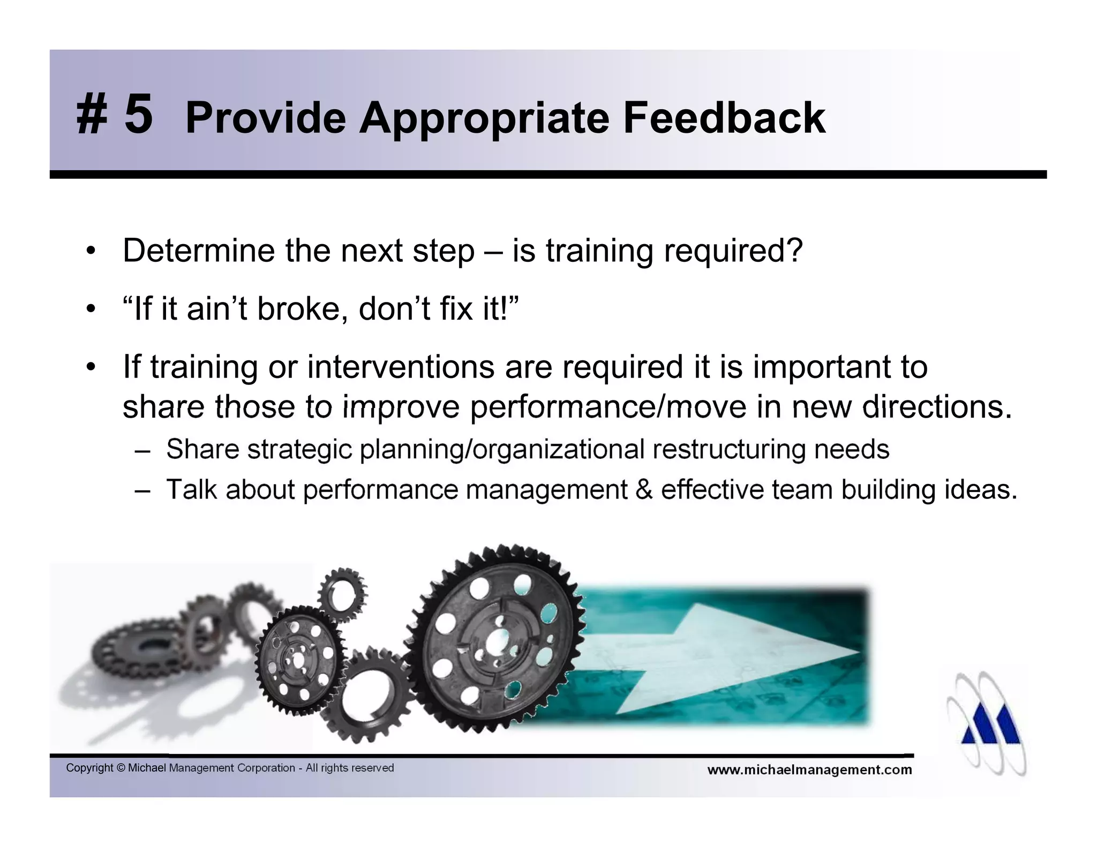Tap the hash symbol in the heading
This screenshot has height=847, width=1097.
pos(92,116)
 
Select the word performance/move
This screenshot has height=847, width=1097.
pos(608,407)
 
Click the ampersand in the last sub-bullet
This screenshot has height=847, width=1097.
pos(644,489)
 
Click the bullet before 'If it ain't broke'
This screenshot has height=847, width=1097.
pos(91,309)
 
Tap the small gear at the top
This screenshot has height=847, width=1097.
pos(341,594)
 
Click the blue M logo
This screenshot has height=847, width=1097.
pos(990,727)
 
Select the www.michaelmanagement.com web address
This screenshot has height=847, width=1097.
pos(809,770)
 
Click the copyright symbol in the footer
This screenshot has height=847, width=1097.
pos(121,768)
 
